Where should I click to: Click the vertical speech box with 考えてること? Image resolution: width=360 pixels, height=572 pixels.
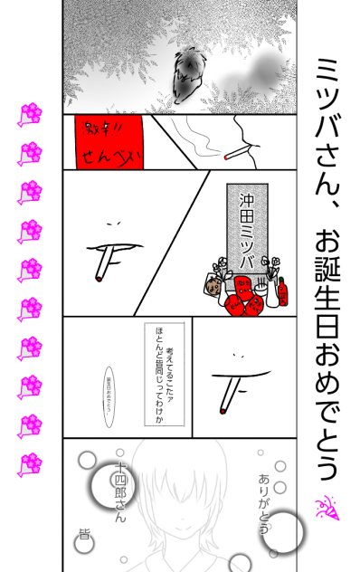(x=166, y=371)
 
